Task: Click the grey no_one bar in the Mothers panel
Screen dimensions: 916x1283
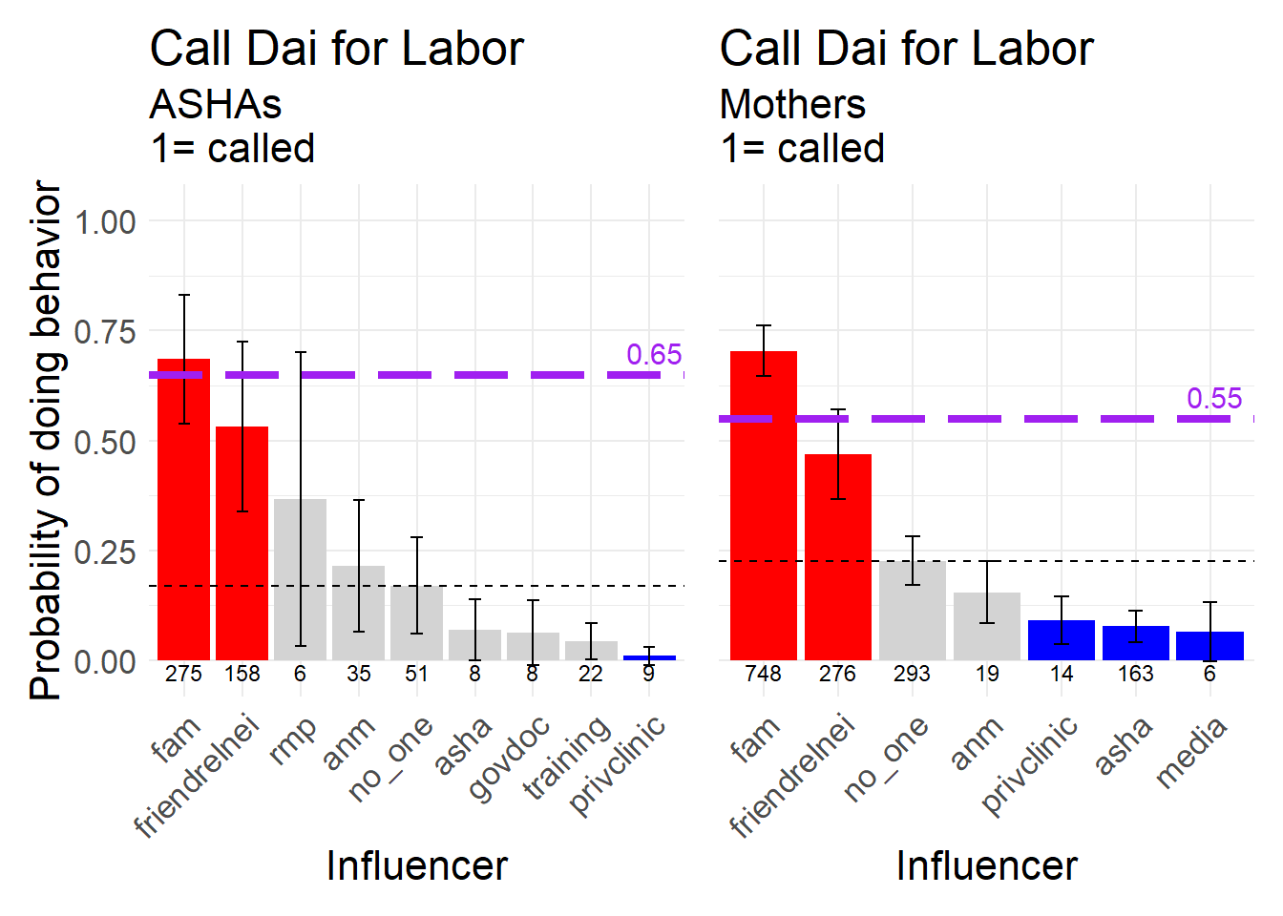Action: (912, 611)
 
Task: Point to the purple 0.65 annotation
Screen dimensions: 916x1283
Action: (654, 355)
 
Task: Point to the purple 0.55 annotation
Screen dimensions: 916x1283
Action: (1214, 399)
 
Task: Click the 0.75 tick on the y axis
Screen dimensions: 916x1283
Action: (105, 332)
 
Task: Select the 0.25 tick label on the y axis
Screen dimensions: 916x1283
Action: (105, 552)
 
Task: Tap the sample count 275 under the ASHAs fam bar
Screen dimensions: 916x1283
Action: (183, 674)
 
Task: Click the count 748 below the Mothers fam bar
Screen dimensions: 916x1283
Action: (763, 674)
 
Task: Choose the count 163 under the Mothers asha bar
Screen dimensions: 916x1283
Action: (1135, 674)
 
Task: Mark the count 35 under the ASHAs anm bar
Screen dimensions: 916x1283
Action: (358, 674)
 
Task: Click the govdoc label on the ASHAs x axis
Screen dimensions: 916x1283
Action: (510, 758)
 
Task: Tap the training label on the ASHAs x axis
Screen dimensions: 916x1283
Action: (568, 758)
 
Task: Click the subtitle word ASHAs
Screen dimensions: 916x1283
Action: (216, 104)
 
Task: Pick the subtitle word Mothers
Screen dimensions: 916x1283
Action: (792, 104)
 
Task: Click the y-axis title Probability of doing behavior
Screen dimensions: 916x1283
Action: (46, 441)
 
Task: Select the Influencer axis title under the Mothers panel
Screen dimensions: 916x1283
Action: (986, 865)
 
